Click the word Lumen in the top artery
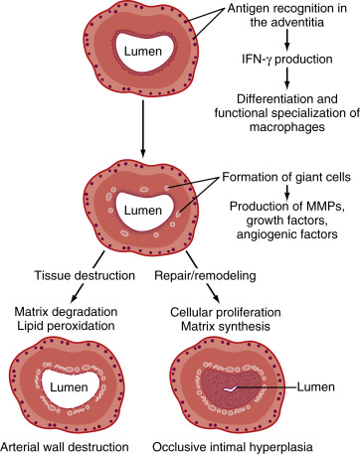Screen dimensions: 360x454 point(143,52)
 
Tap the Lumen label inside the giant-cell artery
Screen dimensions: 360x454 point(143,211)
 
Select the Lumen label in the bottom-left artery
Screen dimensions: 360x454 point(69,387)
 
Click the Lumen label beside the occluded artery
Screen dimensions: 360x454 point(315,386)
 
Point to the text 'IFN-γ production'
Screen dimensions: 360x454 point(287,60)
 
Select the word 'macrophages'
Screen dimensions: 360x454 point(287,127)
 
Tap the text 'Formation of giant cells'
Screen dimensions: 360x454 point(286,177)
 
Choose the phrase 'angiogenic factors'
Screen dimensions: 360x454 point(287,234)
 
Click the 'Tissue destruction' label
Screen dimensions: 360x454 point(85,275)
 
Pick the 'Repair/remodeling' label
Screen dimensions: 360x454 point(205,275)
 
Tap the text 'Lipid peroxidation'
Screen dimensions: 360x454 point(66,326)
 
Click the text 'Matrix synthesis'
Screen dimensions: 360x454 point(226,327)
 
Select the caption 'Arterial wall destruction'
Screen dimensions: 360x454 point(65,447)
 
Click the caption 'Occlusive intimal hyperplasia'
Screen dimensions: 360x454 point(233,447)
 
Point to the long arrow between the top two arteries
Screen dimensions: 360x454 point(143,128)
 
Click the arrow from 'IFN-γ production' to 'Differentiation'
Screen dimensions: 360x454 point(287,78)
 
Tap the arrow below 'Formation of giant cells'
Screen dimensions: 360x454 point(287,192)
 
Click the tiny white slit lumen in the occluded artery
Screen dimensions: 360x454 point(232,388)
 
